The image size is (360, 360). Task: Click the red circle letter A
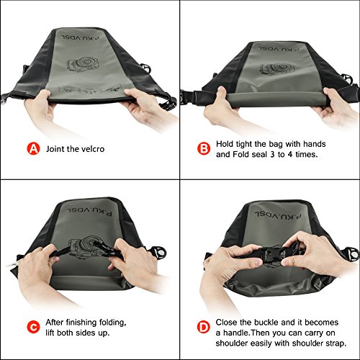pos(33,149)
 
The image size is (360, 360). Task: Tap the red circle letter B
pos(204,149)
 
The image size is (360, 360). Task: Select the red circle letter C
pos(33,327)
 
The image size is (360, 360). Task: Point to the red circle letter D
pos(204,327)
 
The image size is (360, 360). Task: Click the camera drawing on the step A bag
pos(80,64)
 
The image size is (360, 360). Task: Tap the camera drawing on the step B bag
pos(277,69)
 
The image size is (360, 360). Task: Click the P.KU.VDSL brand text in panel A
pos(80,37)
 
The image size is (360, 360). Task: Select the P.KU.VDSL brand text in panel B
pos(279,49)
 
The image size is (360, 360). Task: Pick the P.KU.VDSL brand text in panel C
pos(89,212)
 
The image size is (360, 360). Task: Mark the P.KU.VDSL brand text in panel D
pos(278,215)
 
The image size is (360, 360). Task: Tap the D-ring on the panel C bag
pos(160,252)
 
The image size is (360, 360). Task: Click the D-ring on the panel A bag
pos(145,68)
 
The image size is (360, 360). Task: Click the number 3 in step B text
pos(272,154)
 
